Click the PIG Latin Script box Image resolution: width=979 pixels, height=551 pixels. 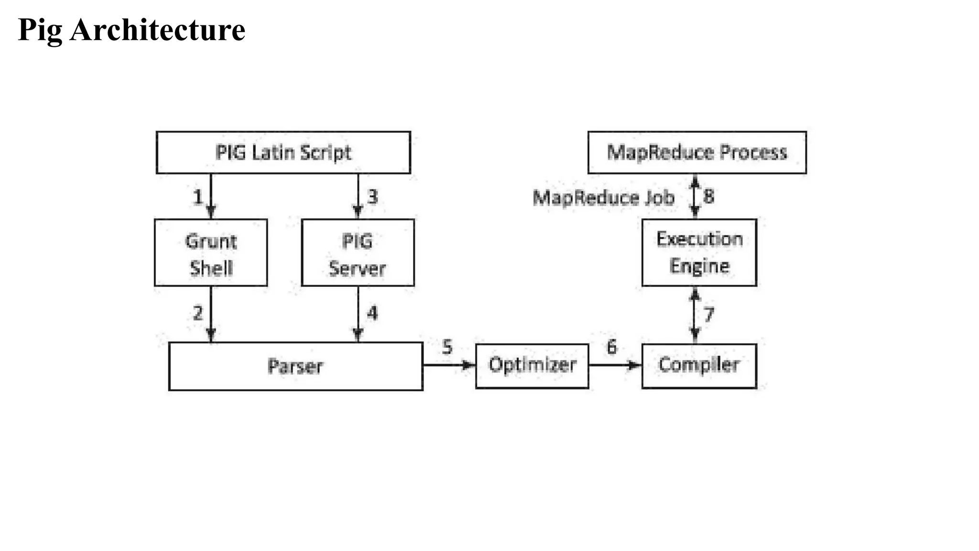pos(283,153)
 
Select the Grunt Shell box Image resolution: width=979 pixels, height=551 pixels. pos(211,253)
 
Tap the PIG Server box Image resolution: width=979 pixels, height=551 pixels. pos(358,253)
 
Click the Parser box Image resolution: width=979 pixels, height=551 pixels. pos(295,366)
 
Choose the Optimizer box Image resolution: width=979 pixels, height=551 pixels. pos(532,365)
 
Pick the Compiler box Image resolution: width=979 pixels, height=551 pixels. pos(699,365)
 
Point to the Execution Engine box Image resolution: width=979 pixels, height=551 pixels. pos(699,253)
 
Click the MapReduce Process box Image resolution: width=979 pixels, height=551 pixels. pos(696,153)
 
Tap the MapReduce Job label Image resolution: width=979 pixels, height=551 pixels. pos(603,198)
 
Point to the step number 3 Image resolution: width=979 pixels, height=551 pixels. pos(372,197)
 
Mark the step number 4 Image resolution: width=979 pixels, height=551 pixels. pos(372,313)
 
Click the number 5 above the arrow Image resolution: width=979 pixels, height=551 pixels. pos(447,347)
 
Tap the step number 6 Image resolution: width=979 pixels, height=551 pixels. pos(611,347)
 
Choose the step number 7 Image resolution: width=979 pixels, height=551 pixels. pos(709,314)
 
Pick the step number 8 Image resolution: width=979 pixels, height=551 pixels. pos(709,196)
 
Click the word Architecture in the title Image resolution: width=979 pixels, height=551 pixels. pos(157,30)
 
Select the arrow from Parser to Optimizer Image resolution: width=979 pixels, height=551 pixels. pos(449,365)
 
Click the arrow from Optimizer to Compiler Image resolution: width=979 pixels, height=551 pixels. pos(615,365)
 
